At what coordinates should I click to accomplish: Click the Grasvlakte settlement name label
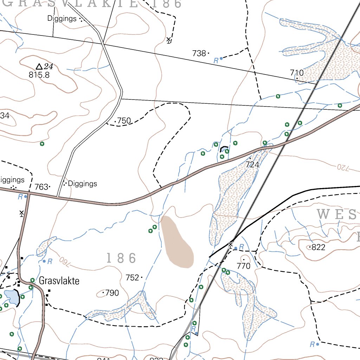pos(59,281)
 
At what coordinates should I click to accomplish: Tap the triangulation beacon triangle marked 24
pos(39,66)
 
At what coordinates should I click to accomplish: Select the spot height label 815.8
pos(39,75)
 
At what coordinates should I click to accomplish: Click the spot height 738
pos(199,53)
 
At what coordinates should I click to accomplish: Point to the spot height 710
pos(297,73)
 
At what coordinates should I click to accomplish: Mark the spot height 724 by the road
pos(252,164)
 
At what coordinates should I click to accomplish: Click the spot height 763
pos(41,187)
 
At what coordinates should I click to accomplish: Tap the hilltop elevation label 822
pos(318,247)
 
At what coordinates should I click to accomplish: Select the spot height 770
pos(243,266)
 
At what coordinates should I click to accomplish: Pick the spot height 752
pos(132,277)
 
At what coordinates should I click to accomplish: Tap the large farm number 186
pos(121,258)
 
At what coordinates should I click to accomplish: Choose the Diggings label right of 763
pos(82,184)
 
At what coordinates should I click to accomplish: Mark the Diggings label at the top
pos(62,19)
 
